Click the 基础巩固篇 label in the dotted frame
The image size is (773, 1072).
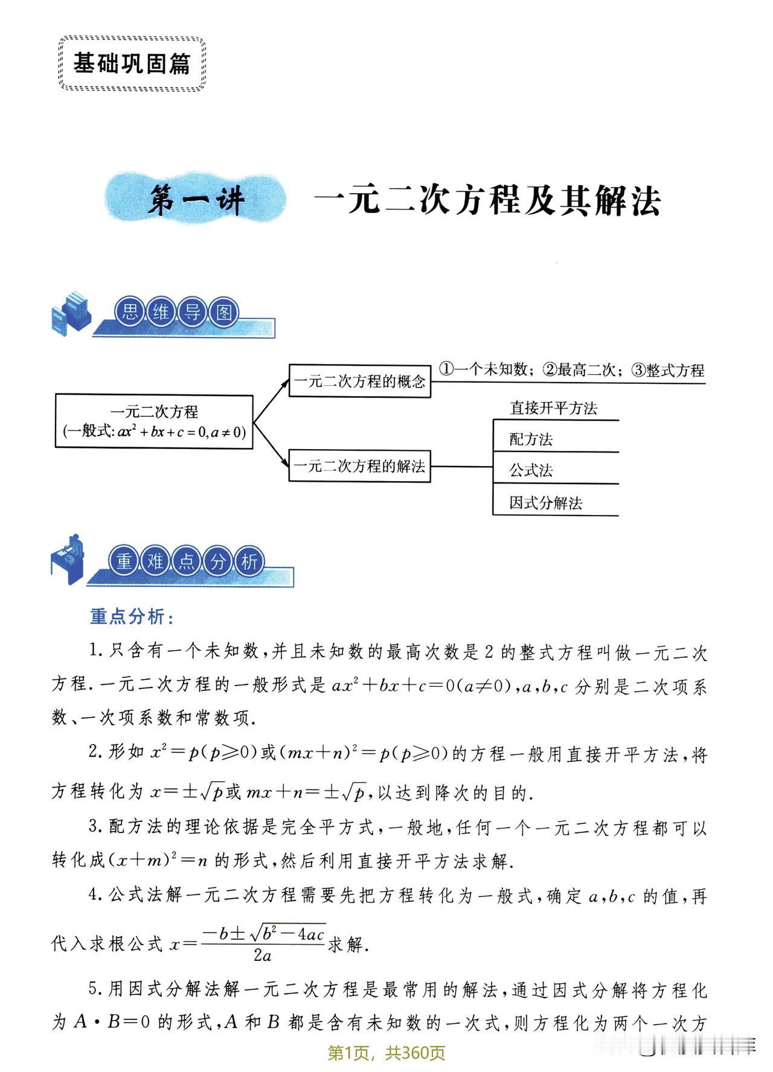[132, 63]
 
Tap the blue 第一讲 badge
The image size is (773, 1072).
[196, 201]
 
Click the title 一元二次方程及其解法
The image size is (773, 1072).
[487, 200]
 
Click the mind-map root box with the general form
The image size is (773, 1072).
[154, 421]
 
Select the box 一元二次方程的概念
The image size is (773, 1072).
[359, 380]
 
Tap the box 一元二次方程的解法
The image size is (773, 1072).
[359, 465]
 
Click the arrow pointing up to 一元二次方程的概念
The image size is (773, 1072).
[271, 401]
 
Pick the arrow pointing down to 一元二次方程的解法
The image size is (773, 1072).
[271, 445]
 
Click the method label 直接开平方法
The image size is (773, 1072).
[553, 408]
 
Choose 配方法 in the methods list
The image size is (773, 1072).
[531, 439]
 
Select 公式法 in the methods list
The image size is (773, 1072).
[531, 471]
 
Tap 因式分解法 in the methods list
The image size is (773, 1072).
[545, 503]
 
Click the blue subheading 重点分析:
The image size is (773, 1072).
[132, 616]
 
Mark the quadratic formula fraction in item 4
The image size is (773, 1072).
[263, 943]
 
